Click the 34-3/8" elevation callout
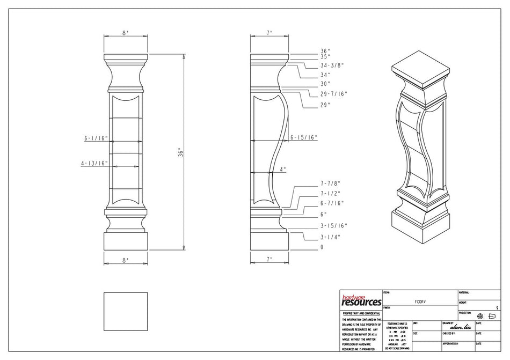point(332,65)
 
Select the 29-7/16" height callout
point(333,94)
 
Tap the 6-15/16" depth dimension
point(304,137)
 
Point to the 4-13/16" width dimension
point(94,164)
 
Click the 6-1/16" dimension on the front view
point(96,138)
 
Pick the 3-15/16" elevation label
point(333,225)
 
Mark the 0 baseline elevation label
point(322,247)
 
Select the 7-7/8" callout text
point(330,183)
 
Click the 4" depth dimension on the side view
point(283,169)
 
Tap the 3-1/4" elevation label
point(330,237)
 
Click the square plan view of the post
point(125,312)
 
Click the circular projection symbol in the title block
point(480,316)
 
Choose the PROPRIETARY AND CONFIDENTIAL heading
point(361,313)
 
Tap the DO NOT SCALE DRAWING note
point(397,348)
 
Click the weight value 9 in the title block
point(497,307)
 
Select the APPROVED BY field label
point(450,343)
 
